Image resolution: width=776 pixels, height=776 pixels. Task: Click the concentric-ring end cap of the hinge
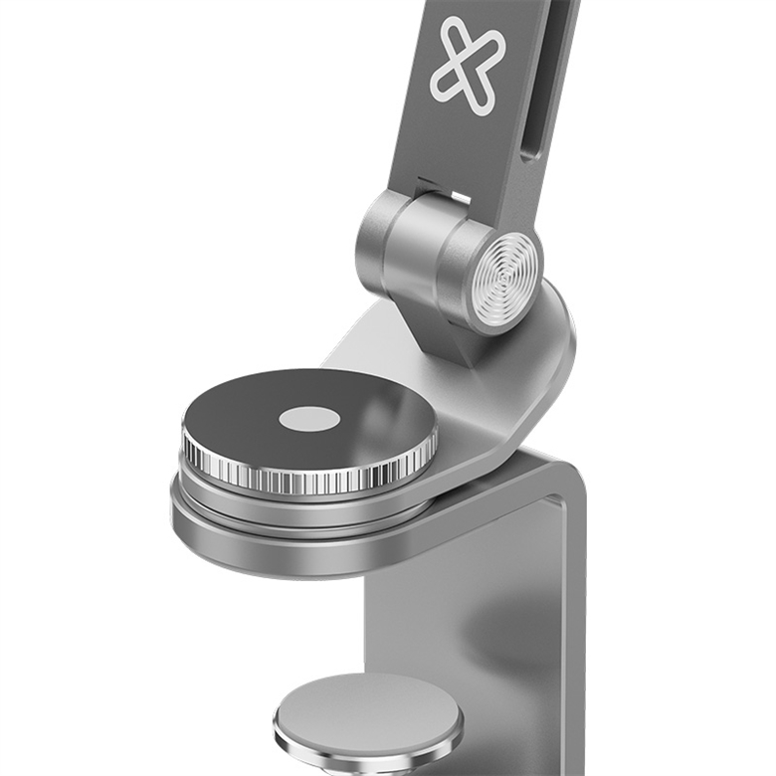tap(505, 285)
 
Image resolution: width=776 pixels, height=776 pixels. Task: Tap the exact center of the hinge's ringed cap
tap(505, 285)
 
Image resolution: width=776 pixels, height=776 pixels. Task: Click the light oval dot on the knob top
tap(309, 420)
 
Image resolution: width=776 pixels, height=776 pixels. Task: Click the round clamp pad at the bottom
tap(368, 716)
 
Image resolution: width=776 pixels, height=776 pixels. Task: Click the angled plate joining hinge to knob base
tap(497, 398)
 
